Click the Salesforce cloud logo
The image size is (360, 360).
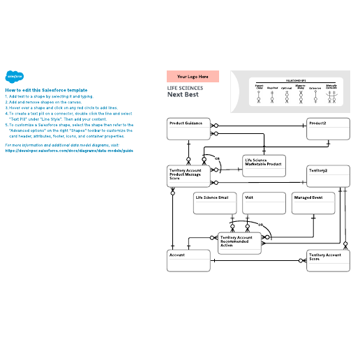click(x=15, y=77)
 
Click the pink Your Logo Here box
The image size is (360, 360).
click(x=193, y=77)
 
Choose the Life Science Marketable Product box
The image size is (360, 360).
click(x=263, y=165)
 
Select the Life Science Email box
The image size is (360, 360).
click(x=215, y=203)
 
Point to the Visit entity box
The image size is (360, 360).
click(x=264, y=203)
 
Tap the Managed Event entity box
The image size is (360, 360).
click(x=313, y=203)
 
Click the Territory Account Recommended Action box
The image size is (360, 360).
click(x=240, y=241)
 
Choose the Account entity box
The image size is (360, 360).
click(x=189, y=261)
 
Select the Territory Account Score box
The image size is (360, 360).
click(x=327, y=261)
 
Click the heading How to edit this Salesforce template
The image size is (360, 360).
click(x=46, y=90)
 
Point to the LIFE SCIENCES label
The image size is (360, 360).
click(x=186, y=88)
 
